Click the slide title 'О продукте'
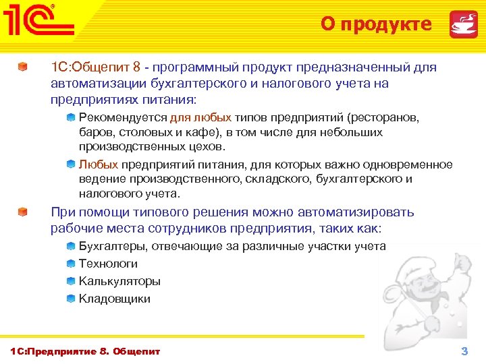(376, 24)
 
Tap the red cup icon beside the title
(464, 24)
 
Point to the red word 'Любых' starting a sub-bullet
(99, 164)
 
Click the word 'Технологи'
(108, 264)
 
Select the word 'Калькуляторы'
(119, 281)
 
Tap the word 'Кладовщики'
(115, 299)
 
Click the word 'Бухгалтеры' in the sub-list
(112, 246)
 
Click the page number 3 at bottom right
(464, 351)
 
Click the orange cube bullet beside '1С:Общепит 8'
(24, 68)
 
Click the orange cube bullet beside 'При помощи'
(24, 212)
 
